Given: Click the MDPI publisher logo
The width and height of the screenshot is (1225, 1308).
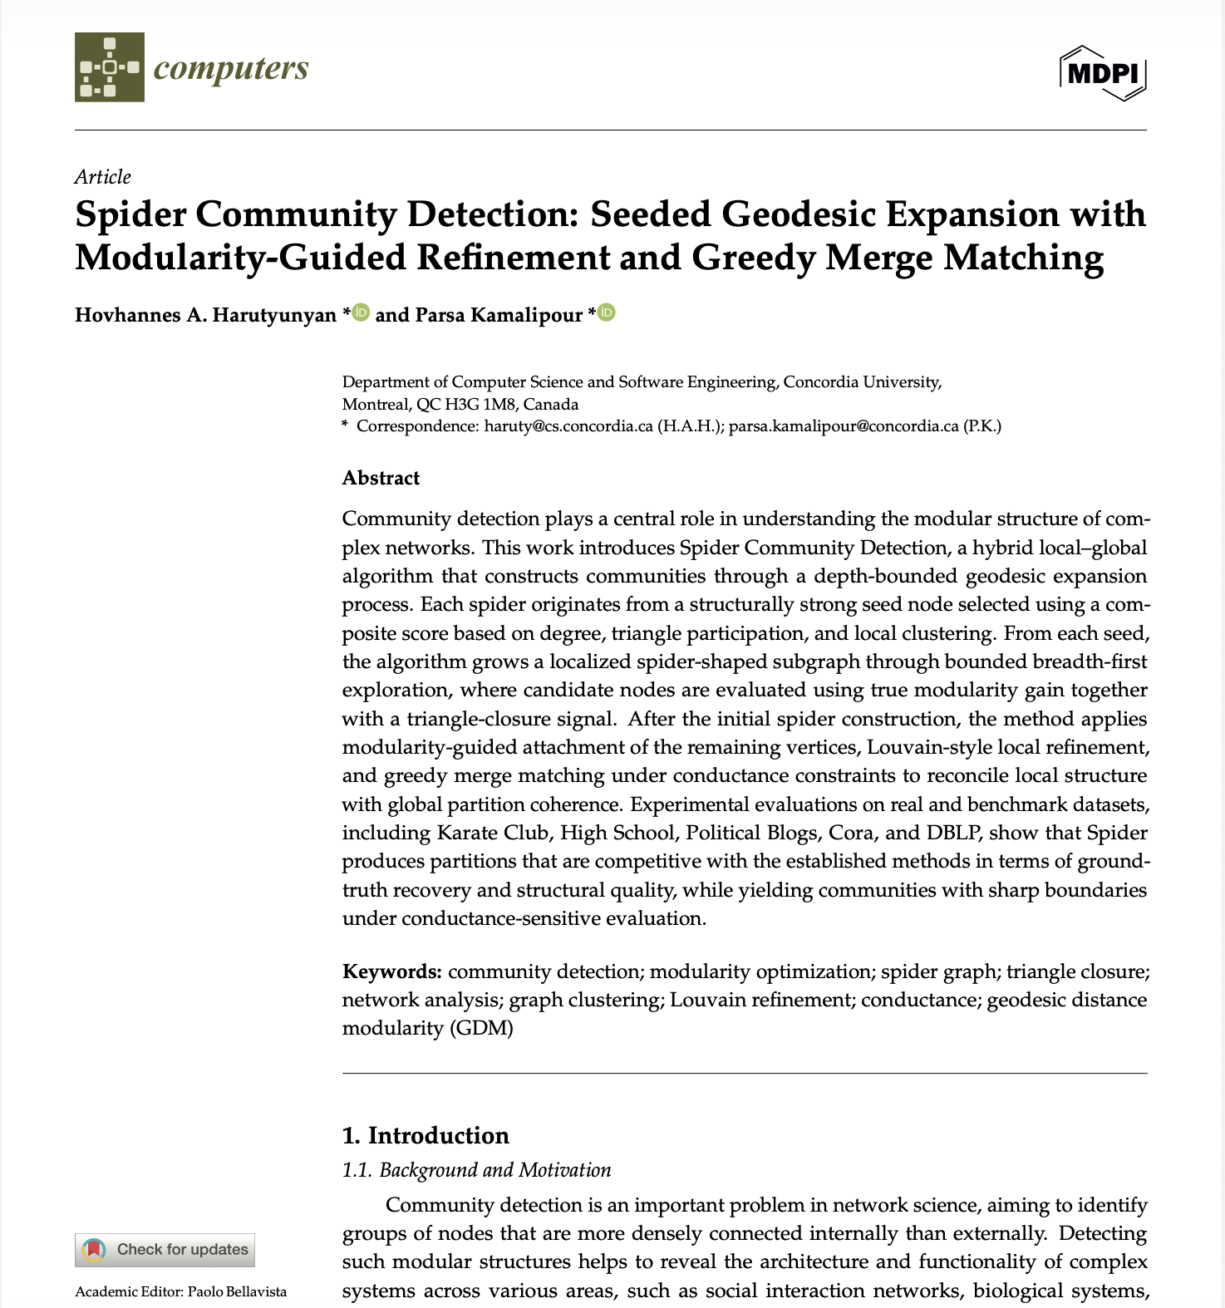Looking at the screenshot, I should click(1103, 73).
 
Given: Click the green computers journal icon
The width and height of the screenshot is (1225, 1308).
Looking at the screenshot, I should click(109, 67).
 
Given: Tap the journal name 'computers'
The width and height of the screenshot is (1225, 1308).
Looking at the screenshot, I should click(231, 68).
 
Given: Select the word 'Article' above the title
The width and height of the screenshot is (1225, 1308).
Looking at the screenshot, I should click(102, 177).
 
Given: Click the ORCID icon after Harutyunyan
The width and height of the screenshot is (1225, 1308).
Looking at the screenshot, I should click(361, 313).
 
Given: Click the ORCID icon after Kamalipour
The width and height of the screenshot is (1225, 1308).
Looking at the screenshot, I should click(607, 313).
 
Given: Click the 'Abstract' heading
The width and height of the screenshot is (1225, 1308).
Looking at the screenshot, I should click(381, 478).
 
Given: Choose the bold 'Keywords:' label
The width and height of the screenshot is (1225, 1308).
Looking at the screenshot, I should click(391, 971).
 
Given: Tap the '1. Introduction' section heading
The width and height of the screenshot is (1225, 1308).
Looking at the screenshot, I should click(426, 1135).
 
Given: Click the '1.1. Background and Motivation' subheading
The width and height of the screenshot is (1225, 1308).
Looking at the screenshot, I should click(476, 1170).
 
